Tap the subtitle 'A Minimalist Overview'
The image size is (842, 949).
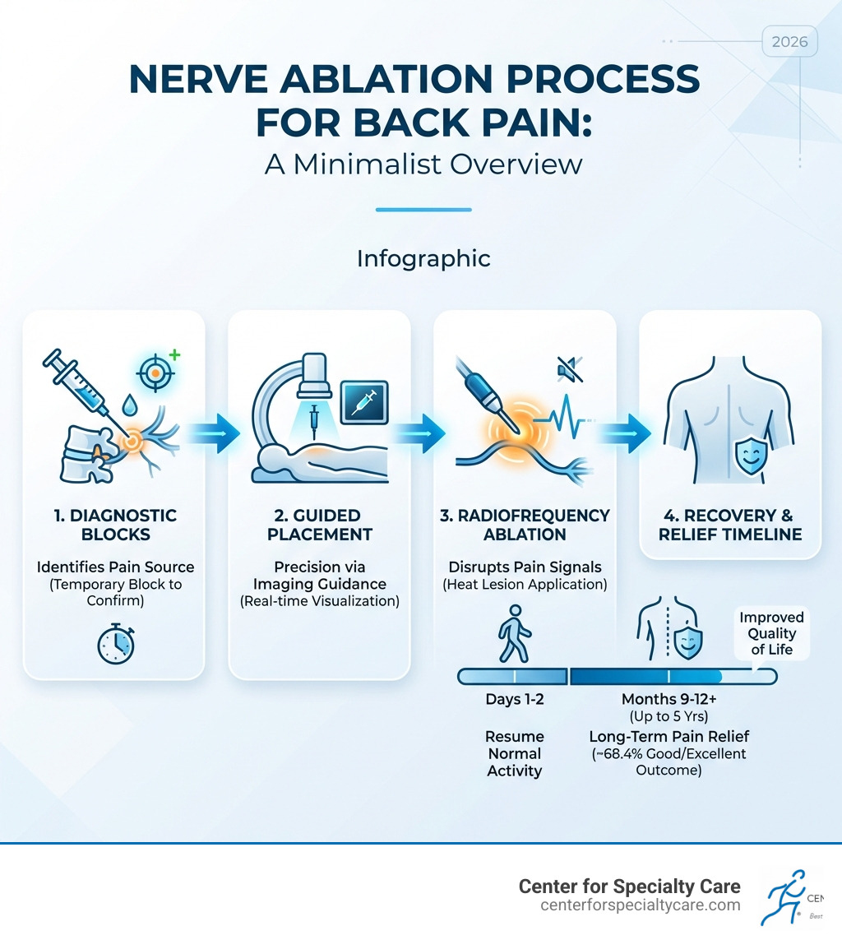(x=423, y=163)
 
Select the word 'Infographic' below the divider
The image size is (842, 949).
(x=423, y=258)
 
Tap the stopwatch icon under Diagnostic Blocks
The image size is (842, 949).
(x=113, y=644)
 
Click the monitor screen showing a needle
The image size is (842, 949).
(x=363, y=401)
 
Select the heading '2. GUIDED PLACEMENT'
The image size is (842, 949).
(x=318, y=525)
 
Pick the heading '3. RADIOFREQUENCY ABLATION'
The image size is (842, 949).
(x=525, y=525)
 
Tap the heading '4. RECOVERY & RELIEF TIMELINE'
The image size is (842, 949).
(x=730, y=525)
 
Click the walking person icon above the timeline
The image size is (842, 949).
(x=512, y=632)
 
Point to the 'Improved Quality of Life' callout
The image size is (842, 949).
(x=771, y=633)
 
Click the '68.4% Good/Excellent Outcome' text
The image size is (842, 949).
(x=669, y=762)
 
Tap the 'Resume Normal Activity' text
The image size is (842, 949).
(x=515, y=753)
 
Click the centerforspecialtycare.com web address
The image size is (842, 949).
(x=641, y=905)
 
